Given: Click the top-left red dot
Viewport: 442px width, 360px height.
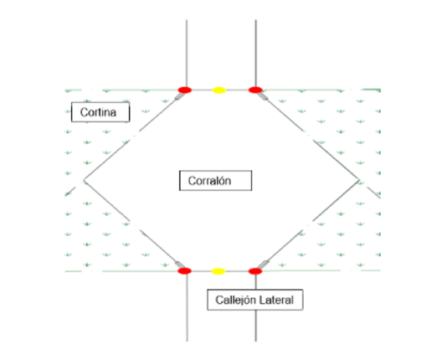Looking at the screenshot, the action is [185, 90].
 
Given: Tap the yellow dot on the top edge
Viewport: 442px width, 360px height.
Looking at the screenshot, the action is [219, 90].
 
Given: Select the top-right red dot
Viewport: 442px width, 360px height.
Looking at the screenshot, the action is [255, 90].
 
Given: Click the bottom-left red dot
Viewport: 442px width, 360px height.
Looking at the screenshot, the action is [185, 271].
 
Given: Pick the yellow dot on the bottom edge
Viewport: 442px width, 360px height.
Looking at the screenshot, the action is [218, 271].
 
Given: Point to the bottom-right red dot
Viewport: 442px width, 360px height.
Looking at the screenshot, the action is [255, 271].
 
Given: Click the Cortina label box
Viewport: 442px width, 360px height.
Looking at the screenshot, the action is [100, 112].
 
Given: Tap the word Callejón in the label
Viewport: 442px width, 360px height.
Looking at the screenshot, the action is [235, 300].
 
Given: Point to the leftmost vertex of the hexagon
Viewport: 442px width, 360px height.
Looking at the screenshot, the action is [84, 179].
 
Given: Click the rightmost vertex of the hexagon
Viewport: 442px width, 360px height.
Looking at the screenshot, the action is [359, 179].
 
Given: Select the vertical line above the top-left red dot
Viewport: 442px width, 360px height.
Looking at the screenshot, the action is [187, 54].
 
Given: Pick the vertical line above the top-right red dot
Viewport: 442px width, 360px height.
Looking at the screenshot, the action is [255, 54].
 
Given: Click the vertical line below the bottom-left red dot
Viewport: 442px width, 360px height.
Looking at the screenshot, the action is [187, 308].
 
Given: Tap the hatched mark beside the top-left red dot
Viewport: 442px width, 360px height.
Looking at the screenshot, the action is [179, 96].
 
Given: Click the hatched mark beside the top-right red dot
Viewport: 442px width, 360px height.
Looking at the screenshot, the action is [262, 96].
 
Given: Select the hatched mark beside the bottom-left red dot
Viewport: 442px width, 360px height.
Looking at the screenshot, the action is [179, 265].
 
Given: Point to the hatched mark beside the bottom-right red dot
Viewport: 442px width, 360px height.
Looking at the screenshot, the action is [263, 265].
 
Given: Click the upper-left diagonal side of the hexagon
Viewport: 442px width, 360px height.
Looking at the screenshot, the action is [132, 136].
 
